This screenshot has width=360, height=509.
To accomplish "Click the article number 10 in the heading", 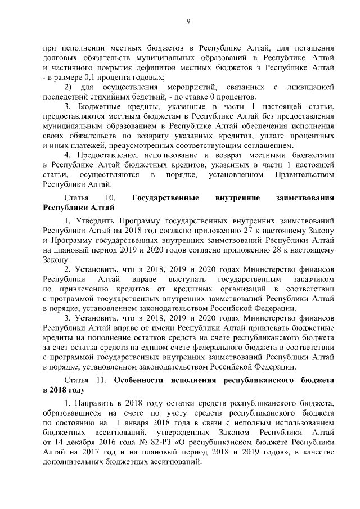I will point(110,198).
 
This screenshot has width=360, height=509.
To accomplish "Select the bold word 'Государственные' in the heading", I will point(164,198).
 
